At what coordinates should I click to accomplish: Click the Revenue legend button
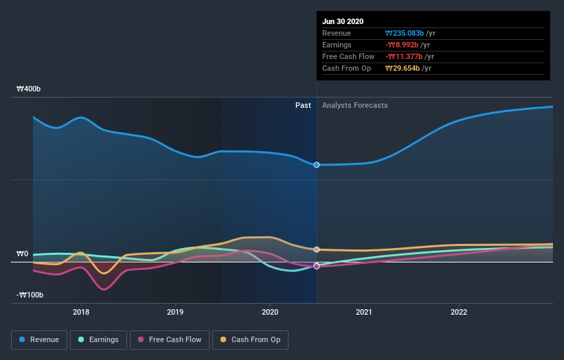click(40, 339)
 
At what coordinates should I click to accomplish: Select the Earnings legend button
click(98, 339)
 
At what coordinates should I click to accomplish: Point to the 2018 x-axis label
click(81, 312)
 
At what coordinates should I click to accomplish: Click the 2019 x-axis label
click(175, 312)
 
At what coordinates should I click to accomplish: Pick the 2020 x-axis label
click(270, 312)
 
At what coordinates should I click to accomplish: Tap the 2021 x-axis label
click(364, 312)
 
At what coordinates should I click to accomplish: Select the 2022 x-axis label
click(459, 312)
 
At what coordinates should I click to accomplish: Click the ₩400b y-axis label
click(29, 89)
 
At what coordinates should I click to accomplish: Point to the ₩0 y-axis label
click(23, 254)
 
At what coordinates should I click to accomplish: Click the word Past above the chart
click(303, 106)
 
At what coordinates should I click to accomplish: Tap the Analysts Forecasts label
click(354, 106)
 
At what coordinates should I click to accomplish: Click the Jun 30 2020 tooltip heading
click(343, 21)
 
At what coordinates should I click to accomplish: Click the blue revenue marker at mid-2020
click(317, 165)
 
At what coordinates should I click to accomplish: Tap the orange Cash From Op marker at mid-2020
click(317, 249)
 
